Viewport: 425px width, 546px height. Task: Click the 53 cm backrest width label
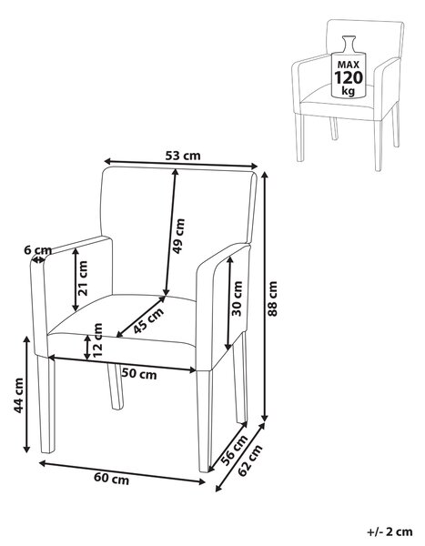pyautogui.click(x=183, y=155)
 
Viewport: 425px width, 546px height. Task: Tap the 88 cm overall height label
pyautogui.click(x=272, y=298)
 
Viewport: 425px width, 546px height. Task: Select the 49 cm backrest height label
pyautogui.click(x=178, y=236)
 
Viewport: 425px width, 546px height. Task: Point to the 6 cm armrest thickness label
pyautogui.click(x=37, y=249)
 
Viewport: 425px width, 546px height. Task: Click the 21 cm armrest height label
pyautogui.click(x=83, y=278)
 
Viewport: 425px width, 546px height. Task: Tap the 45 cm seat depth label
pyautogui.click(x=148, y=320)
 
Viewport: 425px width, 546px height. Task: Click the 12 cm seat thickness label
pyautogui.click(x=98, y=339)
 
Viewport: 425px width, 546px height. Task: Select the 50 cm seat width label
pyautogui.click(x=139, y=374)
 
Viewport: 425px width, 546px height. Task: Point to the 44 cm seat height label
pyautogui.click(x=18, y=395)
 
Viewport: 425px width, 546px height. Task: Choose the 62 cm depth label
pyautogui.click(x=249, y=460)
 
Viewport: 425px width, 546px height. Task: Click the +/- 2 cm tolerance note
pyautogui.click(x=390, y=531)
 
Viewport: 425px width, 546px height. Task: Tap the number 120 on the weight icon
pyautogui.click(x=349, y=77)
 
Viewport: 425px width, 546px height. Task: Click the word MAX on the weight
pyautogui.click(x=348, y=65)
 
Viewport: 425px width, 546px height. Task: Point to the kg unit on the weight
pyautogui.click(x=348, y=91)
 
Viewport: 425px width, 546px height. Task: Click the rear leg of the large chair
pyautogui.click(x=116, y=386)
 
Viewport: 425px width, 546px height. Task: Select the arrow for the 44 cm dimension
pyautogui.click(x=26, y=395)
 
